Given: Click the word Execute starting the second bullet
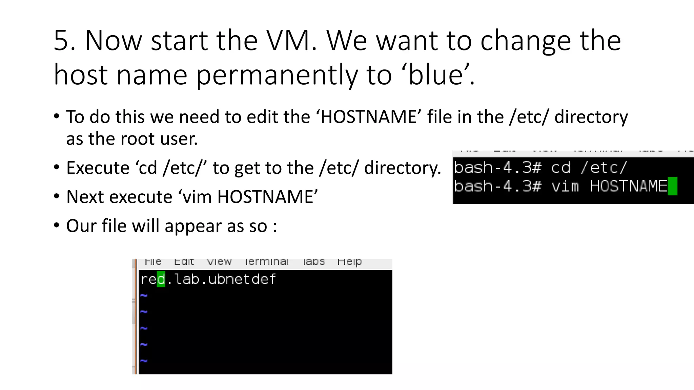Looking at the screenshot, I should pos(98,168).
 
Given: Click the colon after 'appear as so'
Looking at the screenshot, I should pos(275,226).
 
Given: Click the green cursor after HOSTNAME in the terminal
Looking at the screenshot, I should pos(672,186).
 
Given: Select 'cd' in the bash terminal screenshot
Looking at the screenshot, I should pos(561,168).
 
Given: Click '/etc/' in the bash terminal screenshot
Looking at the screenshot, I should pos(604,168).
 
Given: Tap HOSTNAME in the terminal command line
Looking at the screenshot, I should pos(628,186).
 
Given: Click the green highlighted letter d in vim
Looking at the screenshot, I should pos(161,279).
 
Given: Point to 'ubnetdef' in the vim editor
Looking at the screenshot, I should pos(242,279).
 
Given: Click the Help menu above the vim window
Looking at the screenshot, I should pos(349,262).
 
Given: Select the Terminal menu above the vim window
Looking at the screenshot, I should pos(267,262).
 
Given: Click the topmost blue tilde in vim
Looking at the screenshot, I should pos(144,296).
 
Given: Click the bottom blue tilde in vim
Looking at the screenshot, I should pos(144,361).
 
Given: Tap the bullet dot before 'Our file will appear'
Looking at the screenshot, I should pos(57,225).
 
